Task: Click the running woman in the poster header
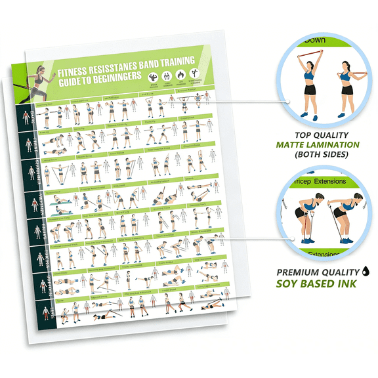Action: (x=41, y=78)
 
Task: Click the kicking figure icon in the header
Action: (x=193, y=73)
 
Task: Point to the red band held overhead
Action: (x=314, y=54)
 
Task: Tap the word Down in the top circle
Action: (x=314, y=39)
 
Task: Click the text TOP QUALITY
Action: (x=318, y=133)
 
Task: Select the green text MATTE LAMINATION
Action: (x=318, y=144)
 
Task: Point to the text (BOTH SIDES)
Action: (x=318, y=156)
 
